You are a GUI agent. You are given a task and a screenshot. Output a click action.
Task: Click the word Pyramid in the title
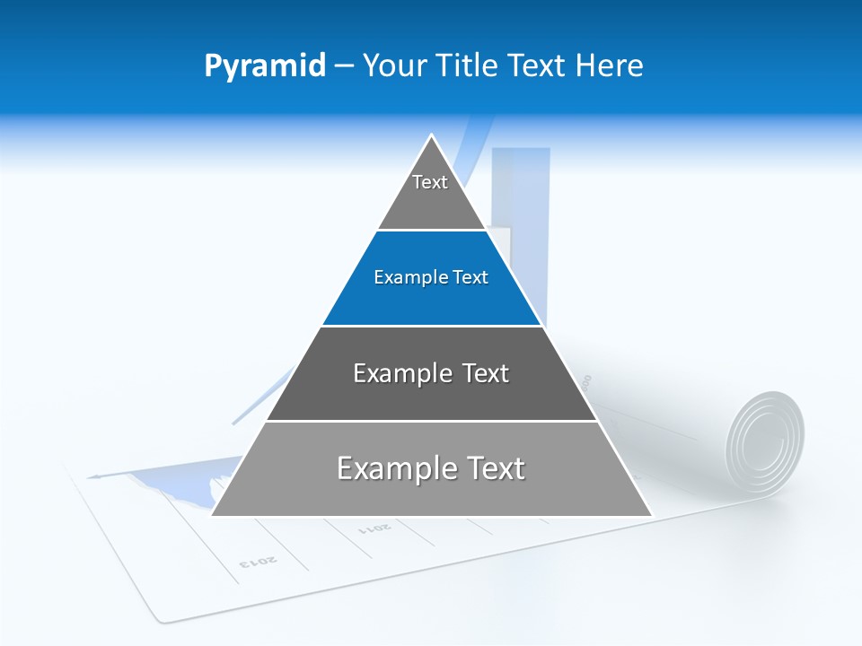click(264, 66)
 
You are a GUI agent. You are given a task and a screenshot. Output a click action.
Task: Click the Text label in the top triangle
click(430, 182)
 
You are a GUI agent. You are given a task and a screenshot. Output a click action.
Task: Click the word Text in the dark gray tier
click(481, 373)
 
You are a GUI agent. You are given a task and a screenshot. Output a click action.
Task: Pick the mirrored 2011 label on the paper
click(374, 528)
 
